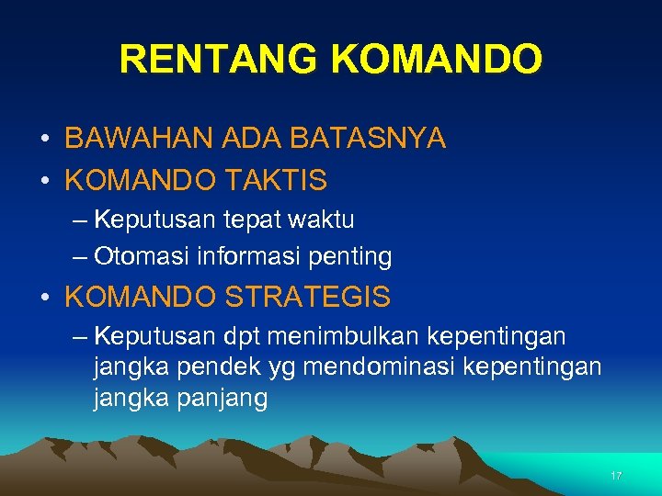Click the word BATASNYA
point(368,139)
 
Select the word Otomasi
point(133,256)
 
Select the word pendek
point(204,367)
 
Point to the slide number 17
point(616,476)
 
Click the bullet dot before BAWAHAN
point(45,140)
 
